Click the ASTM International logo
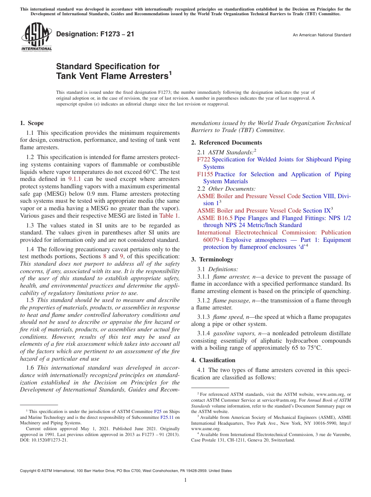coord(36,37)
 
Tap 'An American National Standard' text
coord(322,35)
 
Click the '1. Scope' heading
coord(32,123)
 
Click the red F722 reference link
coord(203,159)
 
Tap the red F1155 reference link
coord(205,174)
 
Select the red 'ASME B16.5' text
coord(215,218)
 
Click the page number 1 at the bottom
coord(185,480)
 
